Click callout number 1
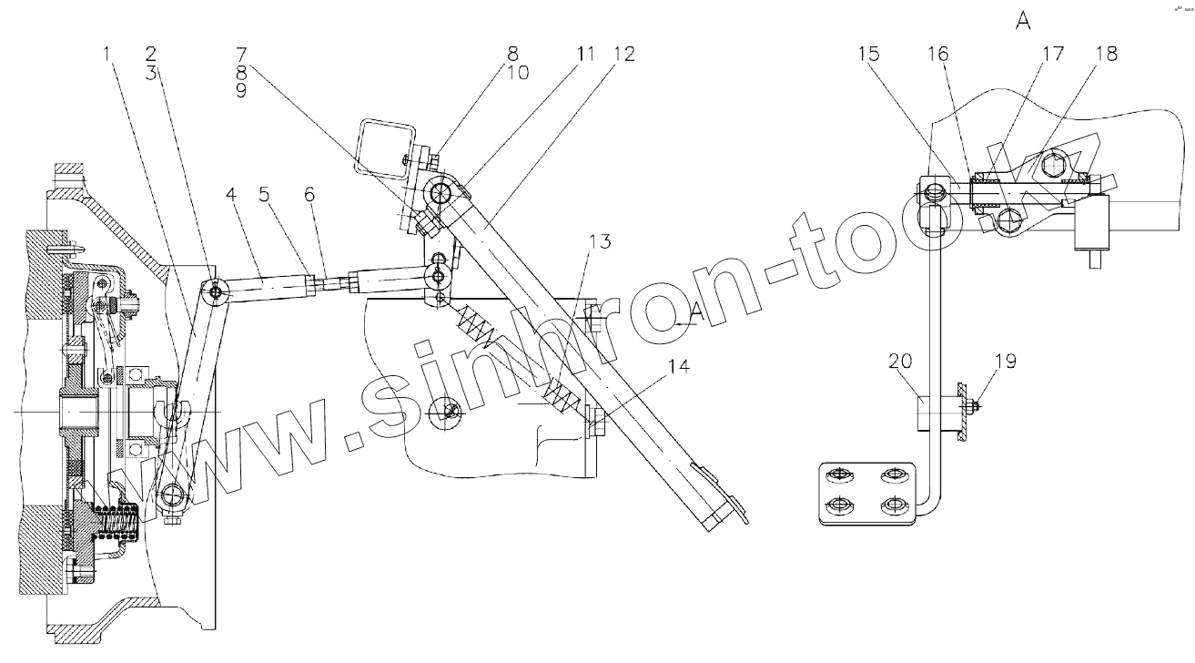107,55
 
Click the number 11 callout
583,55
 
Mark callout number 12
624,55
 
